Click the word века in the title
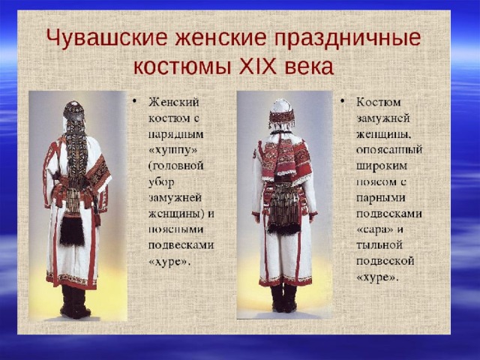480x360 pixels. click(309, 67)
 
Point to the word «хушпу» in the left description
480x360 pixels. click(172, 150)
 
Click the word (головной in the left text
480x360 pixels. click(176, 166)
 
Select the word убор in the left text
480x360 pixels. click(161, 182)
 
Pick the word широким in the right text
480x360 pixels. click(382, 166)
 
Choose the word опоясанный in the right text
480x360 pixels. click(389, 150)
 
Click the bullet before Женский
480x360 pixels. click(134, 101)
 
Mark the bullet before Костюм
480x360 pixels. click(342, 101)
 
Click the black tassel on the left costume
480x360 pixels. click(72, 231)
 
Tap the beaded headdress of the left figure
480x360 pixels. click(73, 111)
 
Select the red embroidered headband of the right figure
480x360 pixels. click(282, 117)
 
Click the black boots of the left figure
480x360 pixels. click(75, 301)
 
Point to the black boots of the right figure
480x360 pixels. click(283, 298)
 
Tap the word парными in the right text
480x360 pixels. click(381, 198)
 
